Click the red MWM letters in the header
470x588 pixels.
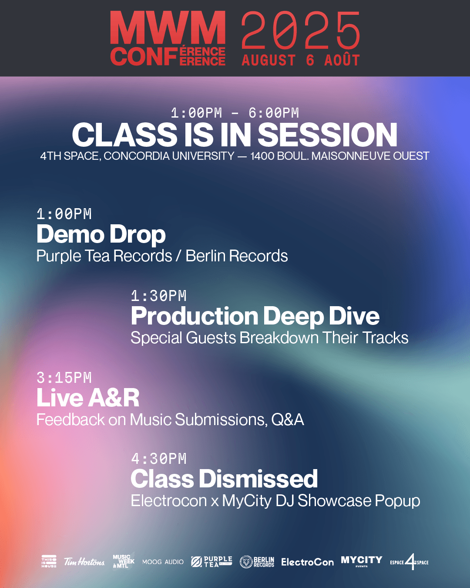[168, 27]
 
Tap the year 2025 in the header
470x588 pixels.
[300, 30]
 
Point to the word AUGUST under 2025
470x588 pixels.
[269, 60]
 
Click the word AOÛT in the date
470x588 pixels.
[342, 60]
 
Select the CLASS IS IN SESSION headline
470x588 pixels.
[235, 135]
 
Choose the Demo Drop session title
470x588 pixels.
[101, 234]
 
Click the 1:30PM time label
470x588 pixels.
[159, 296]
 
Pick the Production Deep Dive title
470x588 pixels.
[255, 316]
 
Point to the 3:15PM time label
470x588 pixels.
[64, 378]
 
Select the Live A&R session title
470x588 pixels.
[88, 398]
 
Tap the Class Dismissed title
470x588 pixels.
[224, 479]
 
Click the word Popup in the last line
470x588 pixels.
[397, 501]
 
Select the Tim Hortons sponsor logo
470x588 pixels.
[84, 562]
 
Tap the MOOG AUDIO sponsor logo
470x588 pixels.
[163, 562]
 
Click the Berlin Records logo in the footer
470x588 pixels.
[257, 562]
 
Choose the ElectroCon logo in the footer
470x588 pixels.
[308, 562]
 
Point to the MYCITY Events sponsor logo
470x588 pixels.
[361, 561]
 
